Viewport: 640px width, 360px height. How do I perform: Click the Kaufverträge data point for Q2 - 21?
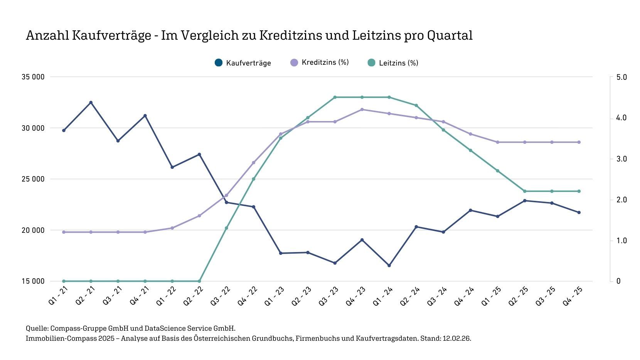click(91, 103)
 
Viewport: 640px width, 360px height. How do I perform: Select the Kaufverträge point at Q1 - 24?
click(389, 266)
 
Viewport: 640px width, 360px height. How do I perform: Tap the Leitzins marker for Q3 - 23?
click(335, 97)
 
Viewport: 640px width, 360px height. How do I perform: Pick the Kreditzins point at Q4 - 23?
click(362, 109)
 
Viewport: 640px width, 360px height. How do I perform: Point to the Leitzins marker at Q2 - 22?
click(199, 281)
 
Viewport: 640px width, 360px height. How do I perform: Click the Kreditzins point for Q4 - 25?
click(579, 142)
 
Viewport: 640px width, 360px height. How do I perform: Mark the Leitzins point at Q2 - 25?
click(525, 191)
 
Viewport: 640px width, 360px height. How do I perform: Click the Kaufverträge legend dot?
click(219, 62)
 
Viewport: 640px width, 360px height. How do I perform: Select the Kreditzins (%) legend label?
click(325, 62)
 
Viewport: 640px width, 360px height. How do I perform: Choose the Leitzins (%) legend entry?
click(398, 63)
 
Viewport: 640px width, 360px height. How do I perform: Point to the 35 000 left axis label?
click(33, 77)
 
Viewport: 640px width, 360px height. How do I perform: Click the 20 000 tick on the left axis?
click(33, 230)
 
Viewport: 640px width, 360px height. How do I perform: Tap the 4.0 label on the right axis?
click(621, 118)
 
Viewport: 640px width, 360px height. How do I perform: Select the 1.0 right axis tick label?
click(621, 241)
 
